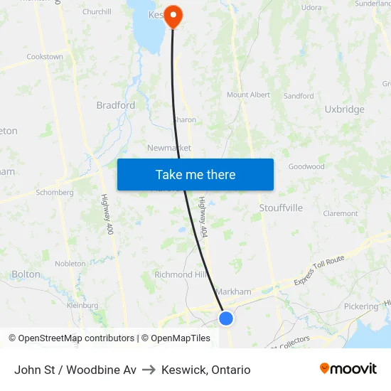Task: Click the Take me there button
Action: tap(195, 175)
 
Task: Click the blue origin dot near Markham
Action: tap(226, 318)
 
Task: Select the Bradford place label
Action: tap(115, 105)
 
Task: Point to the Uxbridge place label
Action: tap(344, 109)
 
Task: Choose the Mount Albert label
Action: tap(248, 95)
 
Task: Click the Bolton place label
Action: tap(26, 274)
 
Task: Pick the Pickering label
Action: tap(360, 307)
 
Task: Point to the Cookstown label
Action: tap(44, 57)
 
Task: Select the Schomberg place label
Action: tap(55, 193)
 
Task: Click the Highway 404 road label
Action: tap(203, 217)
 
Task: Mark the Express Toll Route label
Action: tap(320, 271)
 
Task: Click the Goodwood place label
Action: tap(306, 167)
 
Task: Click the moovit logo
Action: tap(348, 369)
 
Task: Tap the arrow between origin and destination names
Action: tap(149, 370)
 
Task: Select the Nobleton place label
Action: tap(70, 264)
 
